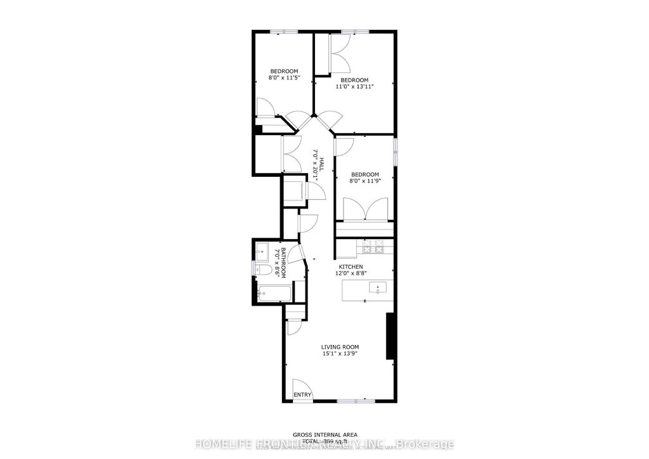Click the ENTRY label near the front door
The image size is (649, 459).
click(302, 395)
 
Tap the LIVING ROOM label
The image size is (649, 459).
click(340, 347)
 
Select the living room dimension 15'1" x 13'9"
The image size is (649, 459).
click(340, 354)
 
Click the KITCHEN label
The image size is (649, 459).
click(350, 266)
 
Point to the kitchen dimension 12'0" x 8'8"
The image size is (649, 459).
click(350, 274)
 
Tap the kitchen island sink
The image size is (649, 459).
click(378, 289)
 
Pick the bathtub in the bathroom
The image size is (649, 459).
click(274, 294)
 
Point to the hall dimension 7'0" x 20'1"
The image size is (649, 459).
click(314, 162)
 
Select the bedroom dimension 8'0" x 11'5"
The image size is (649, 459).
click(284, 77)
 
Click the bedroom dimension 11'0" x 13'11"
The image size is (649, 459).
click(354, 87)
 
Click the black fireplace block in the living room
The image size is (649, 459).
click(392, 336)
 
